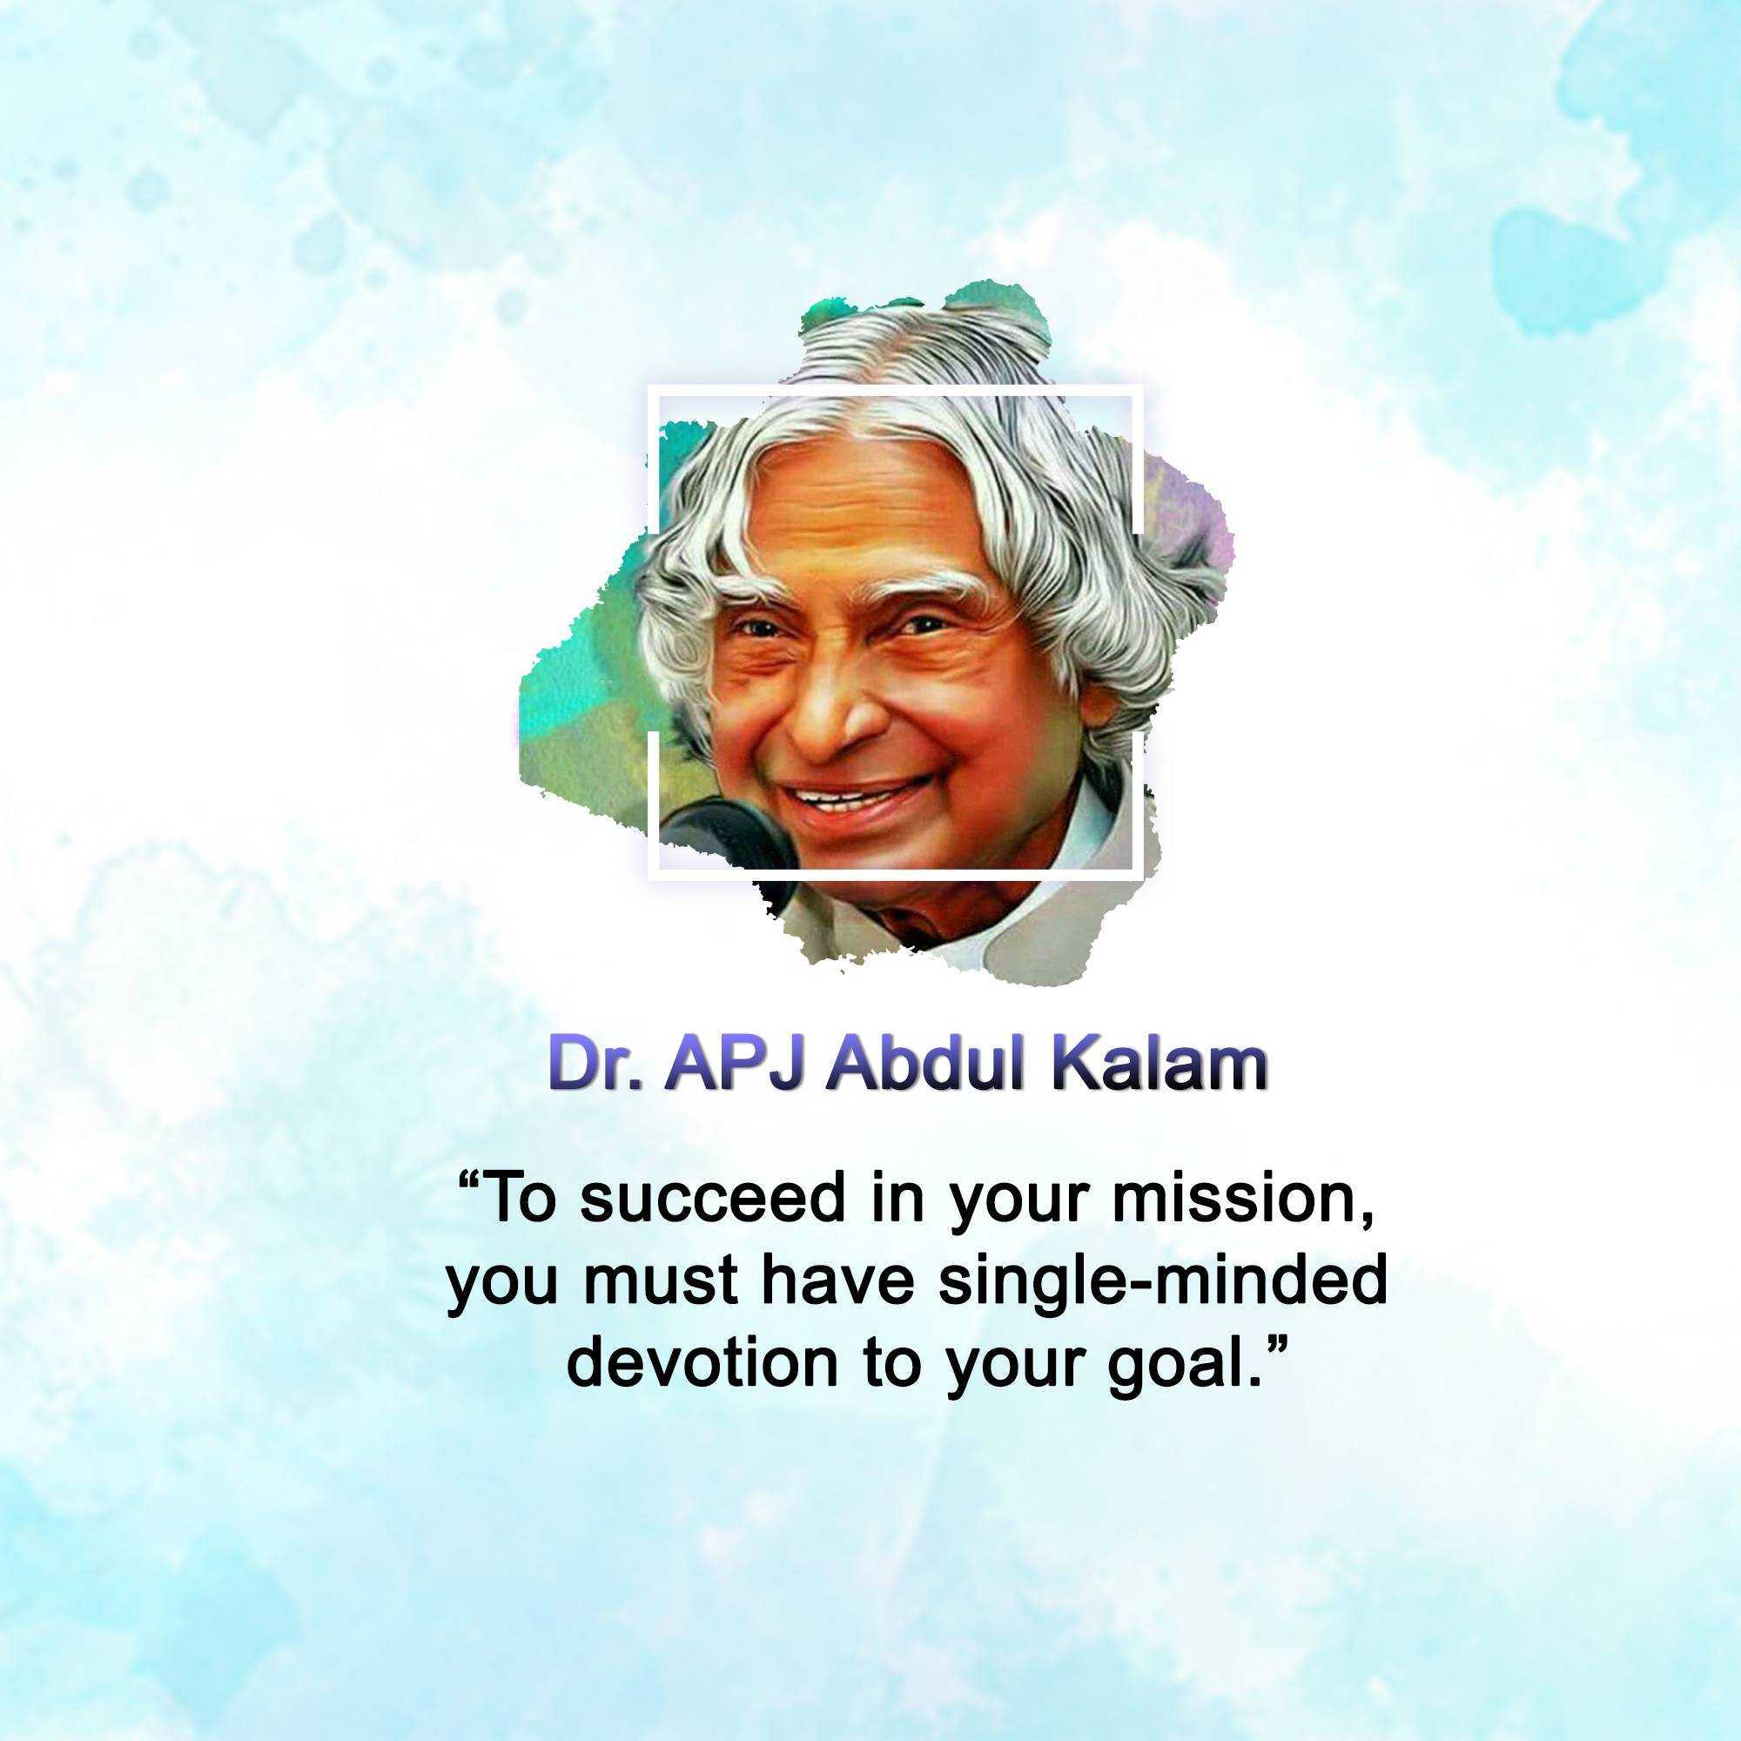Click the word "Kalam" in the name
point(1160,1066)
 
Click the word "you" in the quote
point(502,1287)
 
